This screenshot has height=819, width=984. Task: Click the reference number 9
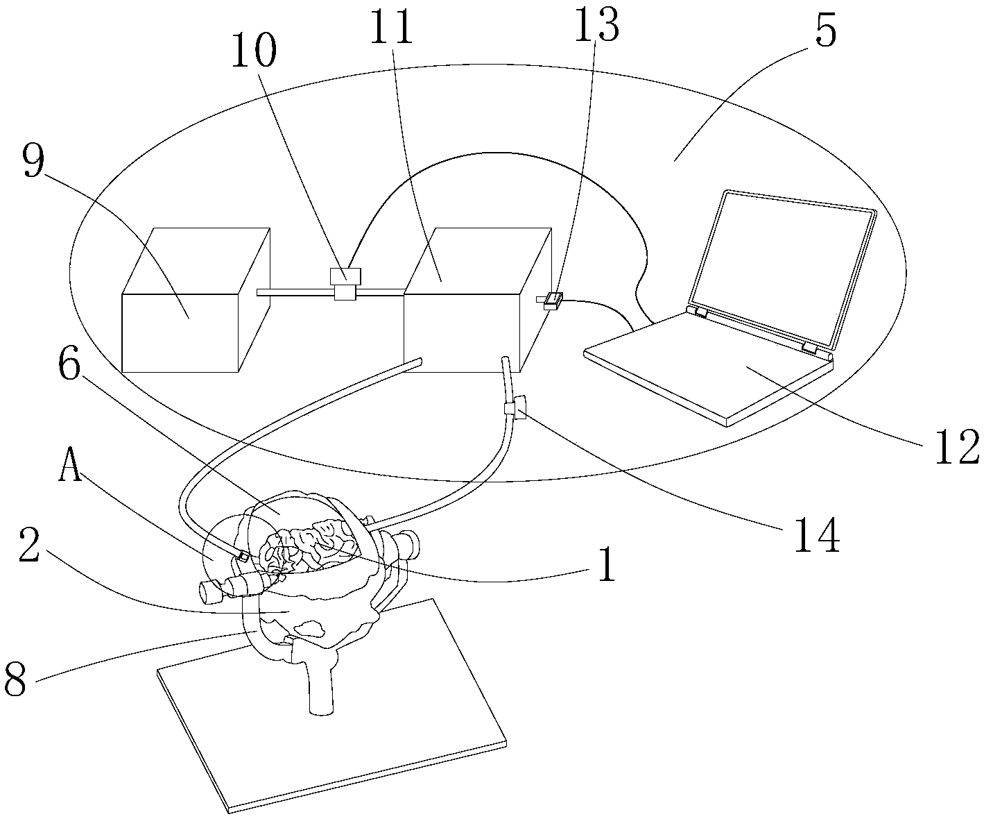point(34,161)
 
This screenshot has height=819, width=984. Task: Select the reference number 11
point(391,27)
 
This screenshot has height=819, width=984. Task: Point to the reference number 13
point(596,24)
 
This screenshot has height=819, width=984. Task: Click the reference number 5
point(826,30)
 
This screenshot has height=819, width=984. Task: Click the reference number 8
point(15,679)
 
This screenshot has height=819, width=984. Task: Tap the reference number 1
point(607,565)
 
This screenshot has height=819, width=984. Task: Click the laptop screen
point(783,269)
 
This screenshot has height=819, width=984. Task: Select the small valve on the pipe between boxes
point(345,284)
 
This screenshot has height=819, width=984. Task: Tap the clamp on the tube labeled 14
point(515,407)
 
